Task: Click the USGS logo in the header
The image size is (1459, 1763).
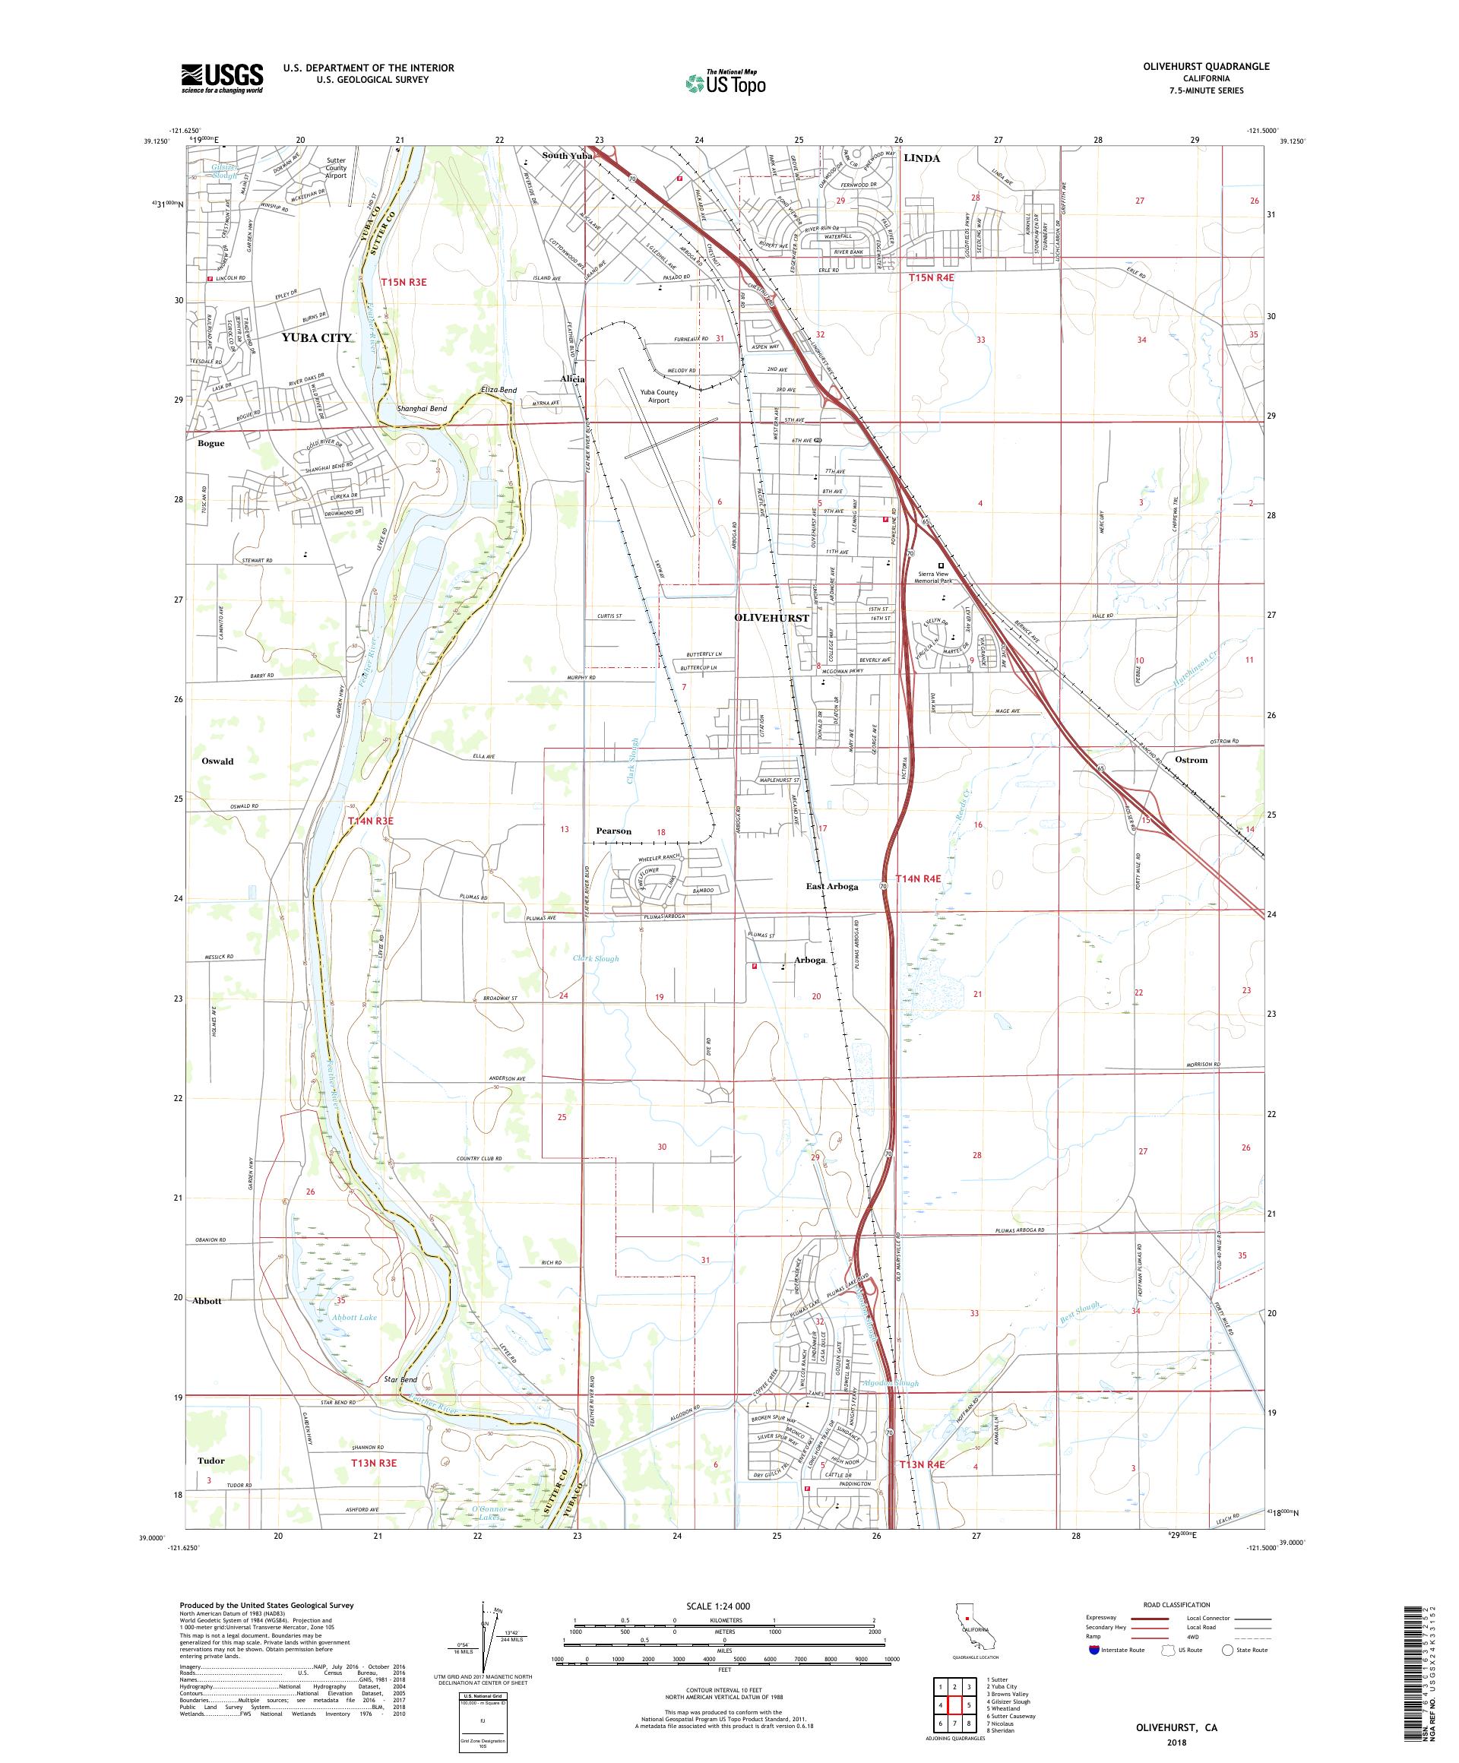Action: tap(223, 78)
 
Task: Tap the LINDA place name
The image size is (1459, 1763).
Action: tap(922, 159)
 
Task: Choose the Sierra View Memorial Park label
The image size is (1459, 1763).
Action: tap(945, 576)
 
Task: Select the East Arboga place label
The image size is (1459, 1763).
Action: tap(832, 886)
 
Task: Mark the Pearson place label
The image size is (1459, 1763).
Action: tap(614, 831)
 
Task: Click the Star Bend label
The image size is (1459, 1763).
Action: tap(400, 1379)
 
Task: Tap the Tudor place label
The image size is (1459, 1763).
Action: tap(210, 1460)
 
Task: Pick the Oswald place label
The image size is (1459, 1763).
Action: tap(217, 761)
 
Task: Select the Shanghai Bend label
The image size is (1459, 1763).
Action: tap(423, 409)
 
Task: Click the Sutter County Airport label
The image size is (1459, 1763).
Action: tap(336, 167)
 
